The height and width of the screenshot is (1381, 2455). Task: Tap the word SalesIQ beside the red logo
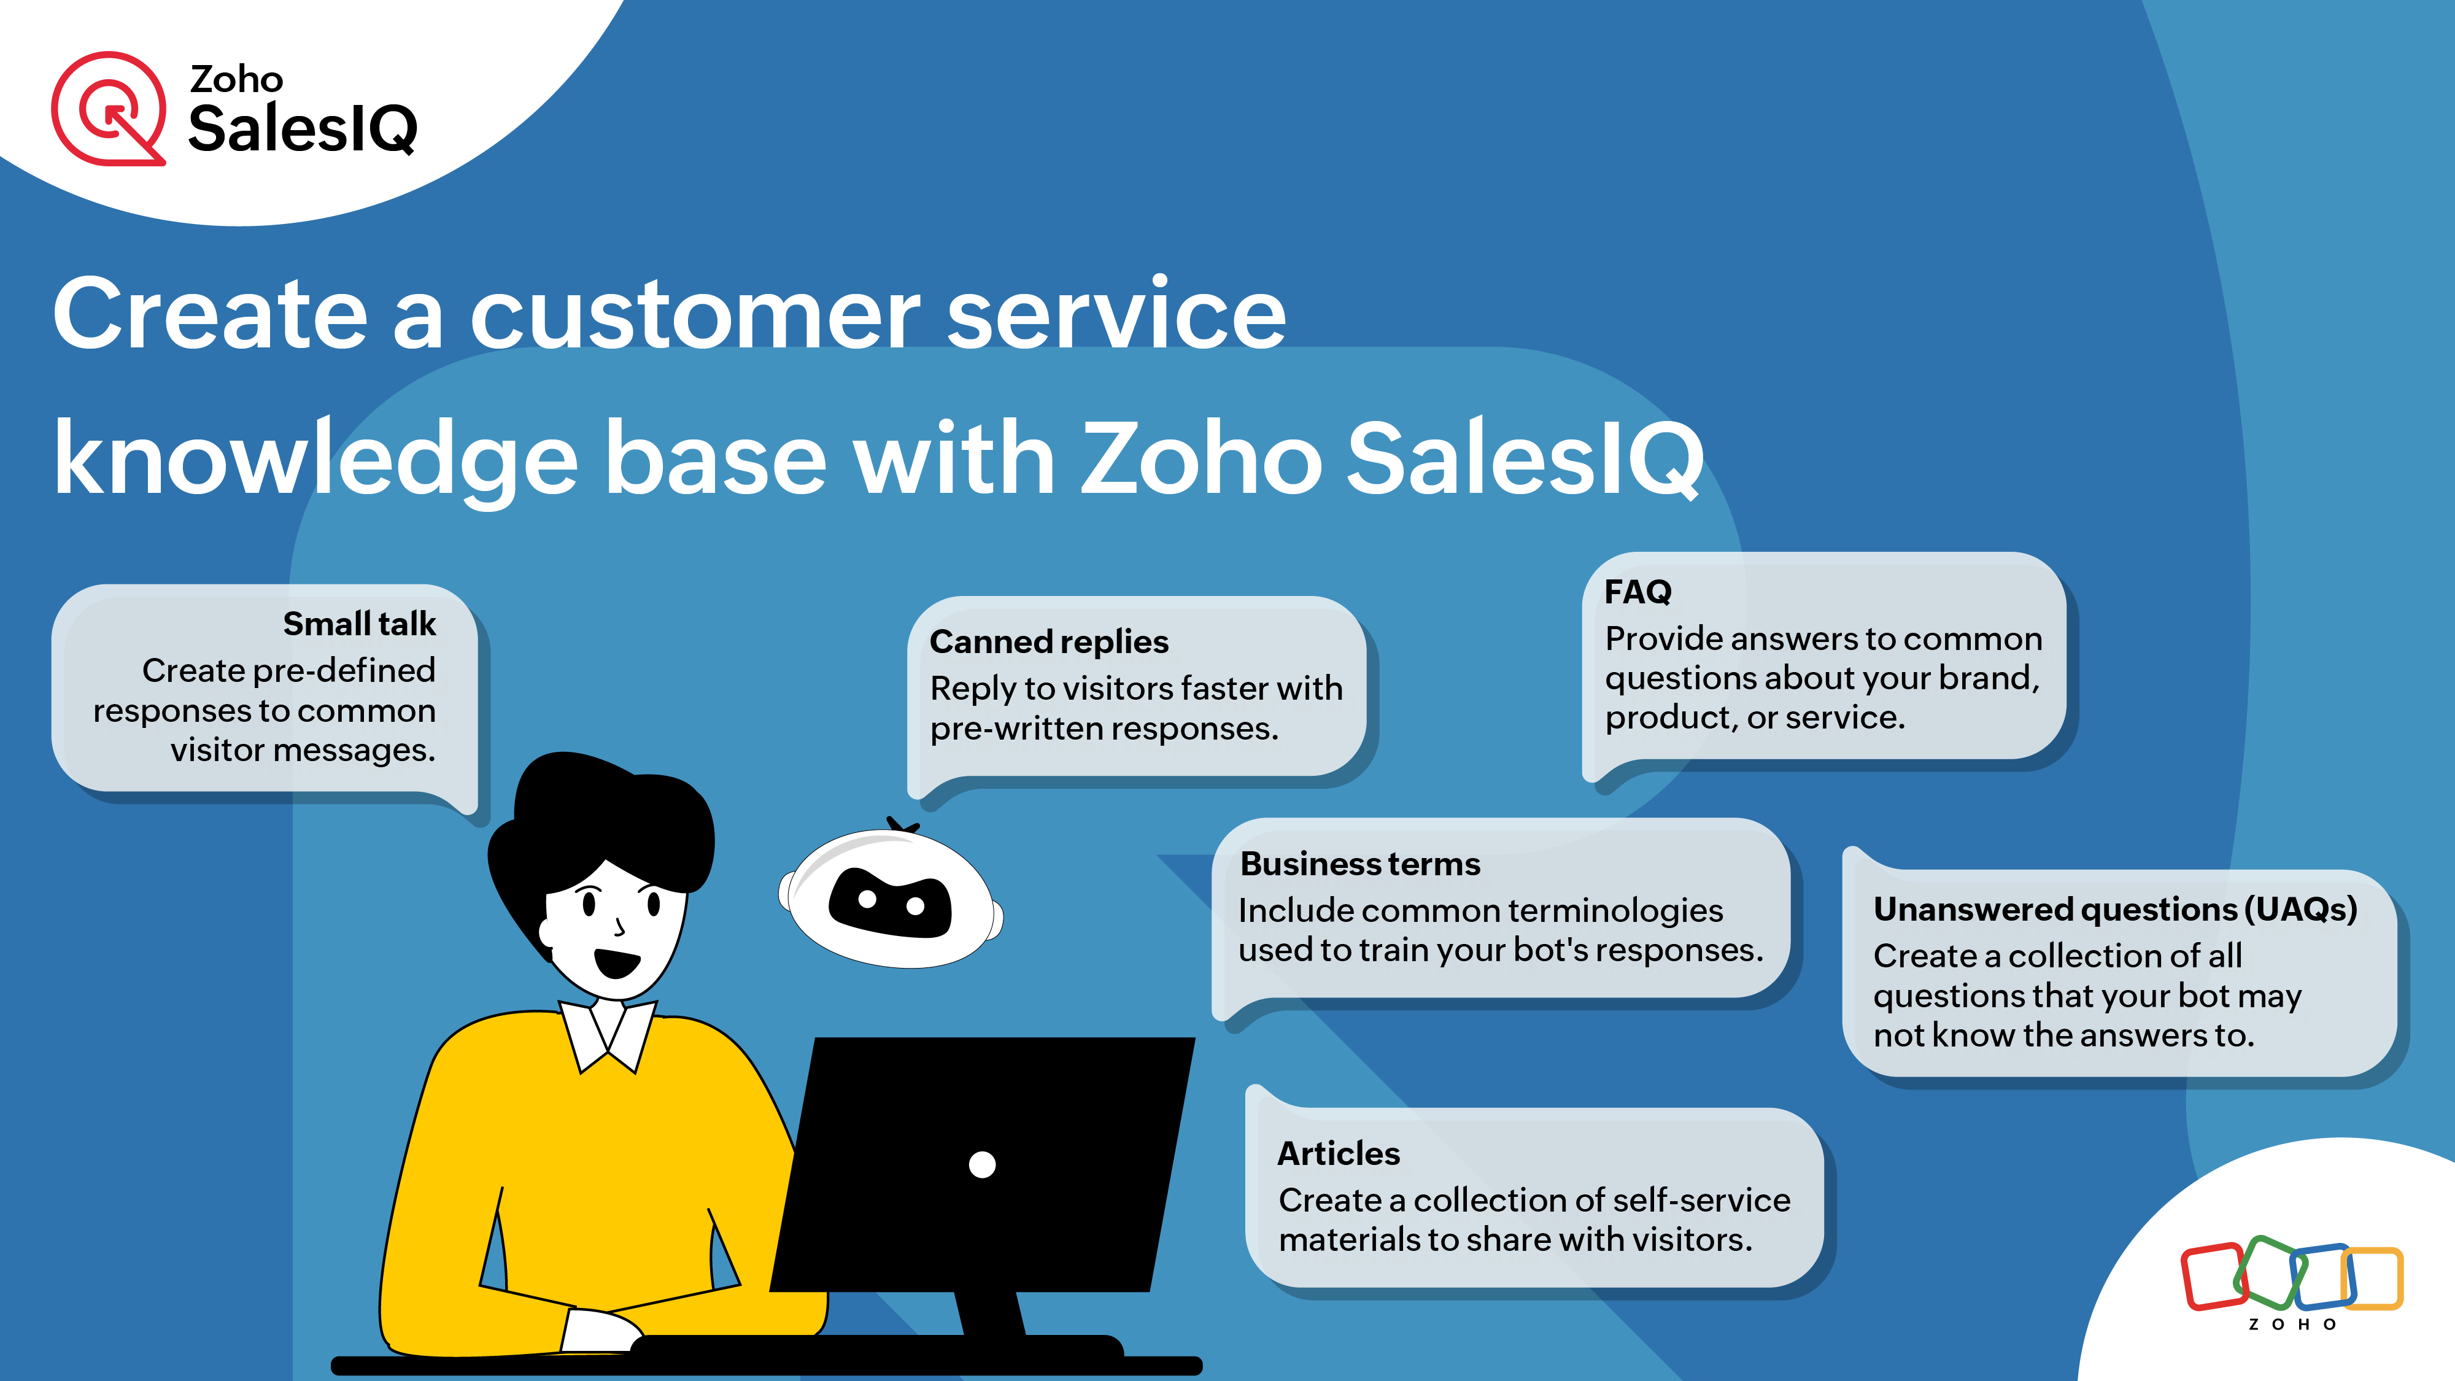coord(303,129)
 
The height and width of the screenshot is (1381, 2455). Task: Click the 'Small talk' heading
coord(359,624)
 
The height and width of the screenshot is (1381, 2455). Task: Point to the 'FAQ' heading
coord(1637,592)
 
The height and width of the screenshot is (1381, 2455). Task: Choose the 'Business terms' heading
coord(1360,864)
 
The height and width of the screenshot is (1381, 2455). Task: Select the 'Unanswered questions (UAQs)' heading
coord(2115,909)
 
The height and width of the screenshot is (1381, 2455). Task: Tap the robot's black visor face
coord(890,902)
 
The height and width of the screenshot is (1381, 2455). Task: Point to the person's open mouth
coord(617,962)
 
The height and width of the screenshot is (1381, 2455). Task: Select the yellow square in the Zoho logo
coord(2373,1278)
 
